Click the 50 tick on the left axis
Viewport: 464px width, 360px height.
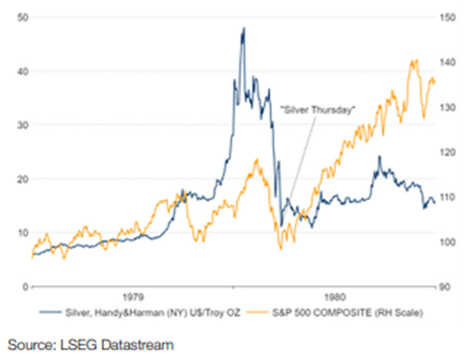click(22, 17)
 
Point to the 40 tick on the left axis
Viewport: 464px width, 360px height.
click(22, 72)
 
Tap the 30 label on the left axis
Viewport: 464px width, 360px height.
click(22, 125)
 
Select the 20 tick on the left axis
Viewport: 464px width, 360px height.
click(22, 179)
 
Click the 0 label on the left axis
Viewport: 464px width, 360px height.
click(26, 287)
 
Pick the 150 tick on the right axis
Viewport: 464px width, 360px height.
click(448, 17)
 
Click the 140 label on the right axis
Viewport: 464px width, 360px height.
click(448, 62)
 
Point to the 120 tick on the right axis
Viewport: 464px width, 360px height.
click(448, 152)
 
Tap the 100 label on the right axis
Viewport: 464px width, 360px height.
click(448, 242)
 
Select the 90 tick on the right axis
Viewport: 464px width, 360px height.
click(445, 287)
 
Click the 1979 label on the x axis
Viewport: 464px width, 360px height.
click(133, 297)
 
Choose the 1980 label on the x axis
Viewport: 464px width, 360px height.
click(334, 297)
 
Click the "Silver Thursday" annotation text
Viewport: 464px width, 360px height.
click(317, 110)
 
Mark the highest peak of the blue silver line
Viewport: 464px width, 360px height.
click(244, 28)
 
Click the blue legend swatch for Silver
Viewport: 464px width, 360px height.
click(50, 313)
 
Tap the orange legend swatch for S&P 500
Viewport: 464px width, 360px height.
click(257, 313)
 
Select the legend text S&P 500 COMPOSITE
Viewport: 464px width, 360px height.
click(322, 313)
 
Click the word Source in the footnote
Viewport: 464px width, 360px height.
click(31, 345)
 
